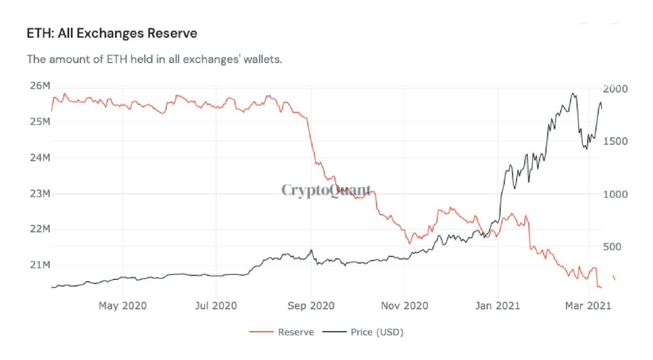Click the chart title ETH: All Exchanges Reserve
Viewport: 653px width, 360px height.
point(112,34)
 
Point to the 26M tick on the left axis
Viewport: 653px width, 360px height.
point(39,86)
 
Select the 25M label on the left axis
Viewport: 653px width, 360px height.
point(39,122)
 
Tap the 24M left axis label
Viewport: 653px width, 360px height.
point(39,158)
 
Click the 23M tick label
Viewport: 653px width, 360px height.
point(39,194)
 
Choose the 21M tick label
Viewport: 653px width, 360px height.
point(39,265)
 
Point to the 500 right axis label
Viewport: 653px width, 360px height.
point(615,247)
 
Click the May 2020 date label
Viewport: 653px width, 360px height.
point(122,306)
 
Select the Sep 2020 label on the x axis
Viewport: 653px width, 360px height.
point(311,306)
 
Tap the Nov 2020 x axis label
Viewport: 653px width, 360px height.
point(405,306)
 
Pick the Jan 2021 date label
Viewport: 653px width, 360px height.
point(497,306)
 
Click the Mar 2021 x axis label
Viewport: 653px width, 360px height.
point(589,306)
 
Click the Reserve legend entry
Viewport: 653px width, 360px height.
point(295,332)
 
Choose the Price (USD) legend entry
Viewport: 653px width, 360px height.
point(376,332)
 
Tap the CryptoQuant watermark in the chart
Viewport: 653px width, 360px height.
point(326,191)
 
